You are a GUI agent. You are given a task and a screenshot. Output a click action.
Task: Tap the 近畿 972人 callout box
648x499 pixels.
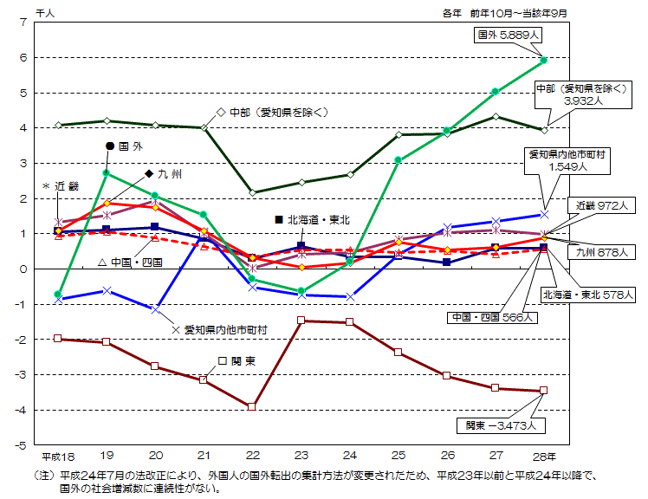point(605,206)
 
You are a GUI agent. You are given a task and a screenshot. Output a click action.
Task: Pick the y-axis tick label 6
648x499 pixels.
point(23,57)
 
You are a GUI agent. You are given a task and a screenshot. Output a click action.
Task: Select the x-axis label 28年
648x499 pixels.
point(546,456)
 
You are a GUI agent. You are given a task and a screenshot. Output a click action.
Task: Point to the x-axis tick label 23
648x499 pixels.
point(301,456)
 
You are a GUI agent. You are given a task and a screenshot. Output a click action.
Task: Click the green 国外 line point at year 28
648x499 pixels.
point(543,61)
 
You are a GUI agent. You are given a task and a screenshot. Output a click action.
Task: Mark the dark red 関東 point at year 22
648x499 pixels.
point(252,406)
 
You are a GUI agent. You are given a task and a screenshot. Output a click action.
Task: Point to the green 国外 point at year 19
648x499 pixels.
point(106,173)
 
